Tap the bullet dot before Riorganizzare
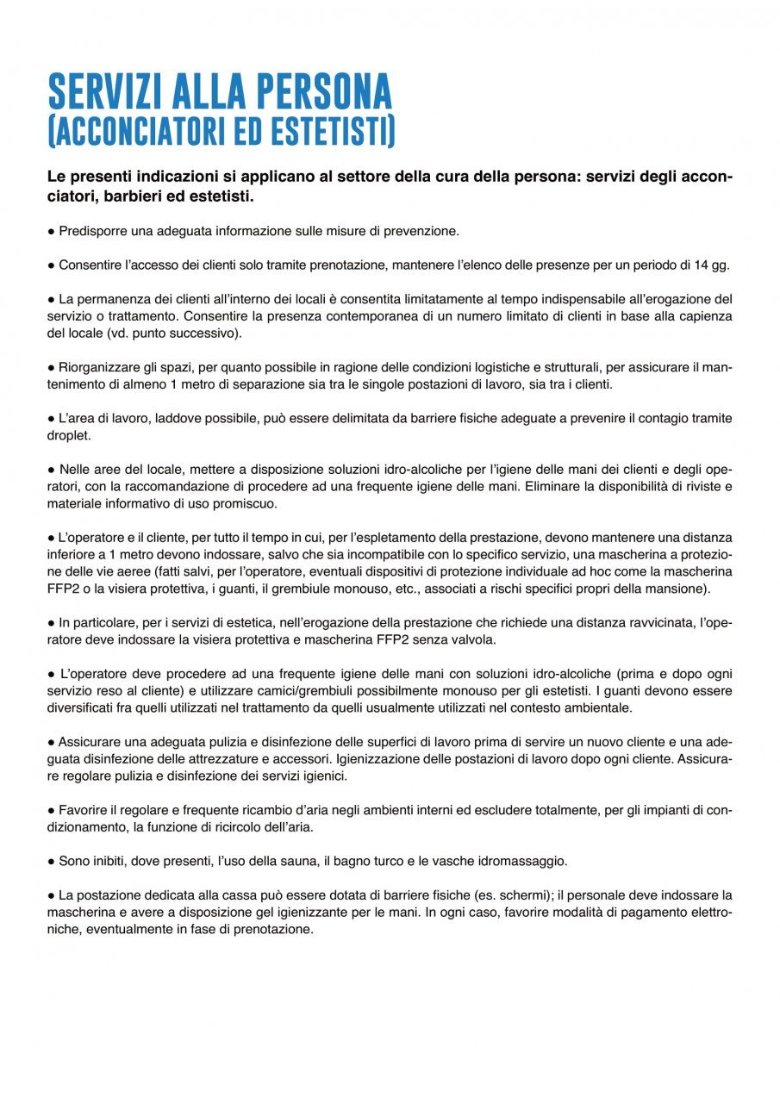click(52, 367)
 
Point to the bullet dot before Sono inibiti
click(52, 861)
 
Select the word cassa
click(232, 895)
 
